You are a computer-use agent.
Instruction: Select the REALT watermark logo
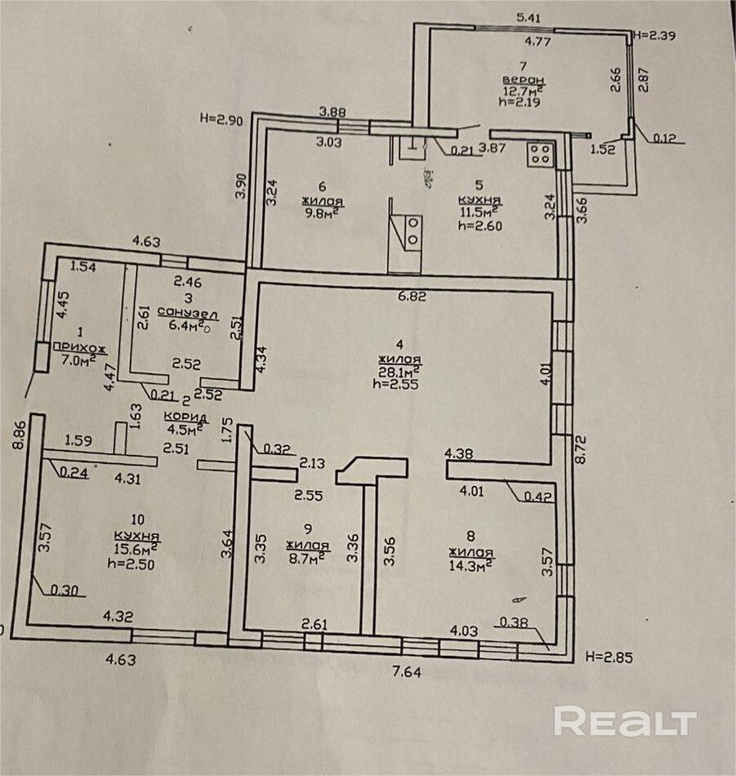point(625,722)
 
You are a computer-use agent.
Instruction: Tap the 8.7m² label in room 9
point(308,556)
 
